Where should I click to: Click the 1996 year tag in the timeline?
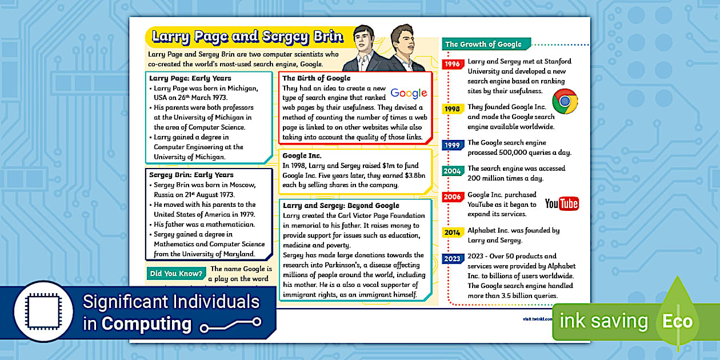click(453, 64)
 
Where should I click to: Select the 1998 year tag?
click(453, 108)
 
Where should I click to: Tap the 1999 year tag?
click(453, 145)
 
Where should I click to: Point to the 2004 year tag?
click(453, 171)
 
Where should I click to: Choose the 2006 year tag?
click(453, 197)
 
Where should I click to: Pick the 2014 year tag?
click(453, 233)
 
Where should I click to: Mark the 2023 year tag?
click(453, 258)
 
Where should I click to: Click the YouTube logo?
click(562, 203)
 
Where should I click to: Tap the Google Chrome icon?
click(565, 102)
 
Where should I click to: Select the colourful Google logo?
click(409, 93)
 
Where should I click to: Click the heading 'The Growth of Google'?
click(483, 44)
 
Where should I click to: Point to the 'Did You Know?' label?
click(176, 274)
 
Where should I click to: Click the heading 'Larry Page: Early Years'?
click(190, 78)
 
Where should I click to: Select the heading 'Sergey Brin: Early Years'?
click(191, 175)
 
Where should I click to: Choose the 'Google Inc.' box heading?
click(302, 155)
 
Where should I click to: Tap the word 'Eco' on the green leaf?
click(677, 321)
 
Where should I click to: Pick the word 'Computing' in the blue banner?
click(146, 324)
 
